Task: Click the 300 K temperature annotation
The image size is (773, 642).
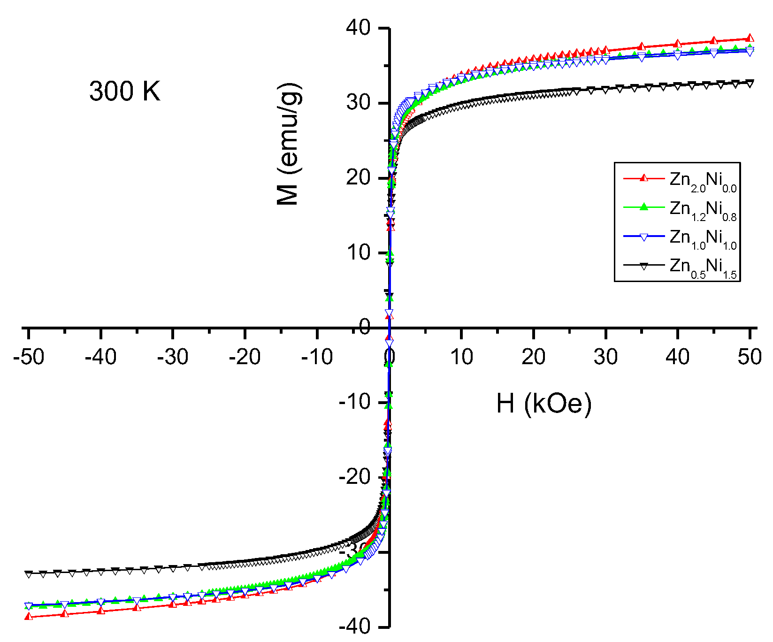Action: (x=125, y=91)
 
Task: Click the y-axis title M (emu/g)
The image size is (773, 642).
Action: (x=288, y=145)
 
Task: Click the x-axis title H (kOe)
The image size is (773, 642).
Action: (x=544, y=403)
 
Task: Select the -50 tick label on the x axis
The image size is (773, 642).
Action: (x=29, y=357)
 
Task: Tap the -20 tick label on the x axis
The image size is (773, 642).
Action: (x=245, y=357)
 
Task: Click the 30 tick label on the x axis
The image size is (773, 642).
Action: (x=605, y=357)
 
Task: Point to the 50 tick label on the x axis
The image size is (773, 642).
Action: (x=750, y=357)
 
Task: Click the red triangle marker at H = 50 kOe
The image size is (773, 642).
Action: (x=750, y=38)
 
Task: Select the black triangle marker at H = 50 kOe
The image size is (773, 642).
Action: (x=750, y=84)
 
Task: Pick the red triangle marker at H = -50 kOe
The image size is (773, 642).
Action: (x=29, y=616)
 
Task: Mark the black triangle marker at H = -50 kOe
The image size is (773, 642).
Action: (x=29, y=574)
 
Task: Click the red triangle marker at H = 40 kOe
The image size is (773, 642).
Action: (x=678, y=44)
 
